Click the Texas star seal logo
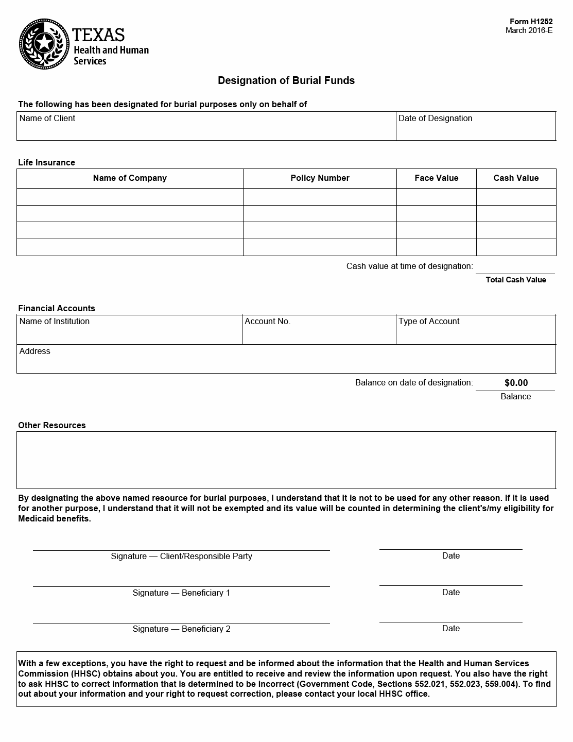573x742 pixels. point(44,43)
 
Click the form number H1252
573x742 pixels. point(531,22)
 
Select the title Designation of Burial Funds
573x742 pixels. point(286,80)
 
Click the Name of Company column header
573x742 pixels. point(130,178)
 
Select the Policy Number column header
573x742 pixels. point(320,178)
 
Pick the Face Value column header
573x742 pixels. point(436,178)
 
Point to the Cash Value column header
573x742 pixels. point(516,178)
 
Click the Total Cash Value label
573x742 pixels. point(516,280)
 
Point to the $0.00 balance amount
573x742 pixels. point(516,383)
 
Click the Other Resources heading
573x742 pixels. point(52,426)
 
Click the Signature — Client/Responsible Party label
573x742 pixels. point(181,556)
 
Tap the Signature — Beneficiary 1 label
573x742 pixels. point(181,593)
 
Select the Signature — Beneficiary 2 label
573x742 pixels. point(181,629)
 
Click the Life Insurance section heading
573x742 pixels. point(47,163)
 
